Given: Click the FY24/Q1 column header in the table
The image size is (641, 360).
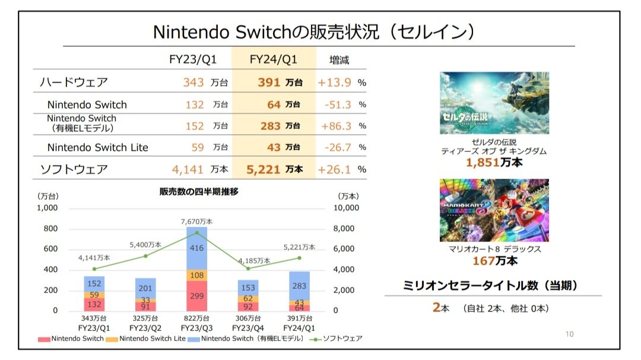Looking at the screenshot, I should (274, 59).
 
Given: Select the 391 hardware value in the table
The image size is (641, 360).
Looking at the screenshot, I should (268, 82).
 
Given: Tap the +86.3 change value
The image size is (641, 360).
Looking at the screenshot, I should (336, 126).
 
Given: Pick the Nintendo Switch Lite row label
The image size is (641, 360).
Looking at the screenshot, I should (97, 147).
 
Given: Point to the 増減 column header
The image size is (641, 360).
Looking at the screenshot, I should (340, 59).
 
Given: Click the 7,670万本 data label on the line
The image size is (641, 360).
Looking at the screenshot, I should (196, 221).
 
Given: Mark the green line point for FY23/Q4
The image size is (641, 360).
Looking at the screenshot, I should (247, 268).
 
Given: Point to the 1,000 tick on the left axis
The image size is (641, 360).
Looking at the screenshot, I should (47, 208).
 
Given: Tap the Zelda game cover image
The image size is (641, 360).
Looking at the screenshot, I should (494, 103).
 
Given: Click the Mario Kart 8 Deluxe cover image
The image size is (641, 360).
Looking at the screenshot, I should (494, 211).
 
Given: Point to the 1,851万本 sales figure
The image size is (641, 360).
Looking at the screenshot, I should (494, 162).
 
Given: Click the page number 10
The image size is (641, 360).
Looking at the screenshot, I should (569, 334).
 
